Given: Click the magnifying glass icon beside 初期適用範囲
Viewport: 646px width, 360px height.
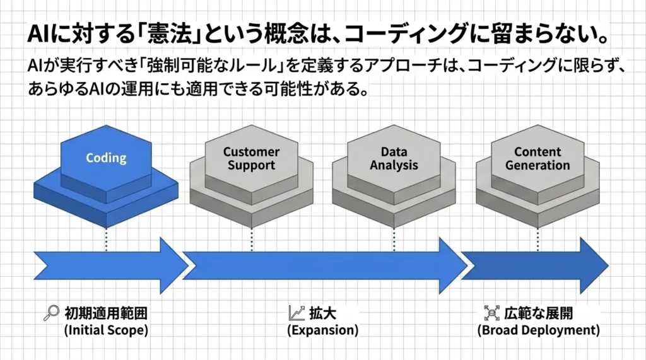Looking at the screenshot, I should [51, 312].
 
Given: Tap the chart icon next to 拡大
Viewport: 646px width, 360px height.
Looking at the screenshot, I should [296, 312].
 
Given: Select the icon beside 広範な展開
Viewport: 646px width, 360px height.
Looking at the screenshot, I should [491, 312].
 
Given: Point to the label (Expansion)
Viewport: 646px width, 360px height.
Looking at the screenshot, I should [322, 330].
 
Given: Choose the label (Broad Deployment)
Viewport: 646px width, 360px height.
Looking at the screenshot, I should [538, 330].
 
